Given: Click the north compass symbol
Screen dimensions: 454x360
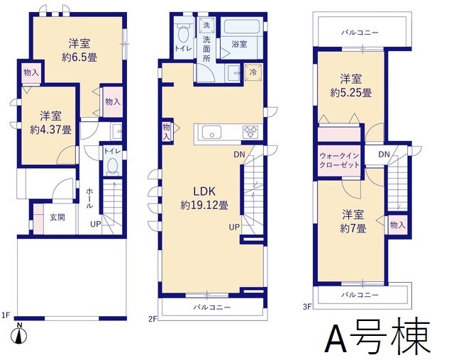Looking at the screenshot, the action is click(x=19, y=334).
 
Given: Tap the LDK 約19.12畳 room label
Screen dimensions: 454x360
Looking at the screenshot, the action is click(x=204, y=198).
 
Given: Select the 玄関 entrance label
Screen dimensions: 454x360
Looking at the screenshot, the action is click(x=57, y=217).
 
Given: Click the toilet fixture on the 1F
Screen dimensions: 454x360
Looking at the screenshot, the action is click(x=112, y=165).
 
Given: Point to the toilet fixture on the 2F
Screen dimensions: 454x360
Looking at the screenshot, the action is click(x=183, y=34).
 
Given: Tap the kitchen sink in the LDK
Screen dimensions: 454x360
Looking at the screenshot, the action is click(x=211, y=132).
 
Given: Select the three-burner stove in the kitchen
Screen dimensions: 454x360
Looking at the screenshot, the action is click(x=250, y=132).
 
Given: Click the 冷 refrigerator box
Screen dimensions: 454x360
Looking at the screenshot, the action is click(x=253, y=72).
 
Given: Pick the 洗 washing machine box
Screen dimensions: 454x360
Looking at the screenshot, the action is click(x=206, y=26).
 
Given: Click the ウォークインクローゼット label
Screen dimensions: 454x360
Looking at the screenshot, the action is click(x=340, y=160).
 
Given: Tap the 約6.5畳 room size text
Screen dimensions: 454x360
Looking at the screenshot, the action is click(x=79, y=57).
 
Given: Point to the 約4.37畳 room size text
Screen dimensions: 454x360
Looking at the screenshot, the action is click(x=51, y=130).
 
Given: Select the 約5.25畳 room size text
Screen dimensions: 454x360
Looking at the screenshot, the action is click(x=351, y=93).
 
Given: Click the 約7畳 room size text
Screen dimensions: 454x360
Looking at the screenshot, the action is click(x=353, y=229).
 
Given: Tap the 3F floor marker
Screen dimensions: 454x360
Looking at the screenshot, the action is click(x=307, y=306).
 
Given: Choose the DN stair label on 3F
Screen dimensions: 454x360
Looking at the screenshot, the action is click(x=384, y=154).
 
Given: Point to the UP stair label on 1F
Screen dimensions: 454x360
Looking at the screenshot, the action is click(x=96, y=224).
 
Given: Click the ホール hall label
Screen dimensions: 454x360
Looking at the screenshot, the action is click(x=89, y=198).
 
